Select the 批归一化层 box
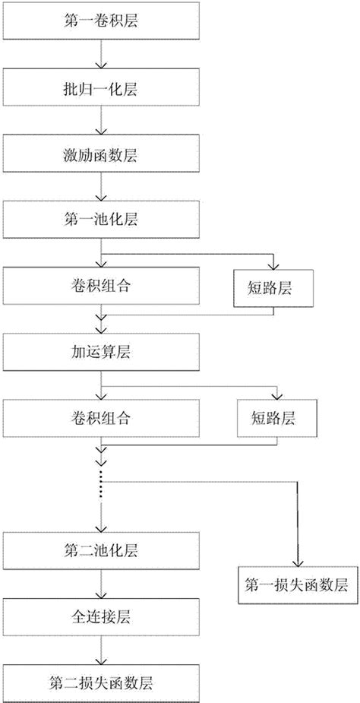pyautogui.click(x=102, y=89)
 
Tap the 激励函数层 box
pyautogui.click(x=102, y=155)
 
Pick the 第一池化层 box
pyautogui.click(x=102, y=220)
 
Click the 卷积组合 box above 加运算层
pyautogui.click(x=102, y=287)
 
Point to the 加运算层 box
pyautogui.click(x=102, y=352)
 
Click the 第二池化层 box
pyautogui.click(x=102, y=549)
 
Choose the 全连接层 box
pyautogui.click(x=102, y=615)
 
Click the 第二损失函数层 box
pyautogui.click(x=102, y=679)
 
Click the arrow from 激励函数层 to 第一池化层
pyautogui.click(x=102, y=188)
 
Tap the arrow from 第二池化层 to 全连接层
pyautogui.click(x=102, y=581)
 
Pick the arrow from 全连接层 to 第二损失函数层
pyautogui.click(x=102, y=647)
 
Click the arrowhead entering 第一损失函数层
pyautogui.click(x=297, y=560)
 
